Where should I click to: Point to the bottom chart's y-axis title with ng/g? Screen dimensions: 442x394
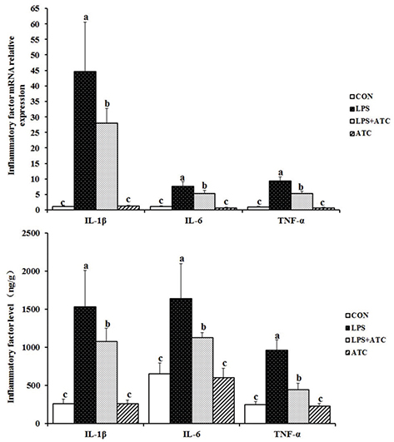pos(12,333)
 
